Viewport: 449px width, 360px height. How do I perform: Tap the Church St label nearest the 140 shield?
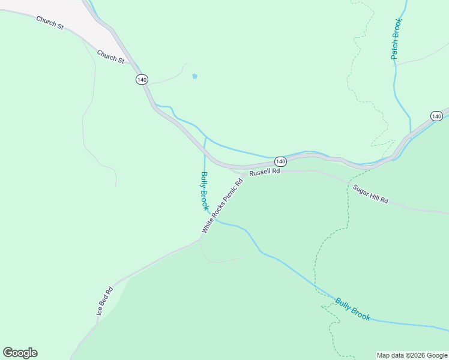(110, 56)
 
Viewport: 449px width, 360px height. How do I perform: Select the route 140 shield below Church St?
(142, 79)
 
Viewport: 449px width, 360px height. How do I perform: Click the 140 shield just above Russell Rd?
(280, 162)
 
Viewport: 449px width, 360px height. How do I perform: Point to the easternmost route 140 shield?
(436, 116)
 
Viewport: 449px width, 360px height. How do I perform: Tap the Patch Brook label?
(396, 38)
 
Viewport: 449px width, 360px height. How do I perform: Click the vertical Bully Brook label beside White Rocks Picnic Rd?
(204, 191)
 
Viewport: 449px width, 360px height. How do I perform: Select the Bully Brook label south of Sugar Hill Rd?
(353, 309)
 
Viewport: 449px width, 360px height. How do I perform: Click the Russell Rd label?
(265, 172)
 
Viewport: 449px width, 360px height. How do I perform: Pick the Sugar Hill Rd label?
(370, 194)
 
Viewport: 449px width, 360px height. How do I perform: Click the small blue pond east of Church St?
(194, 76)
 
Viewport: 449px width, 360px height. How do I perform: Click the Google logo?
(20, 352)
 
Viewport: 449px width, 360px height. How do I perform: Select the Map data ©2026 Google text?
(412, 355)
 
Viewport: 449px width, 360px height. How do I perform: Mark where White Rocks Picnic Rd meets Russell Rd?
(244, 174)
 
